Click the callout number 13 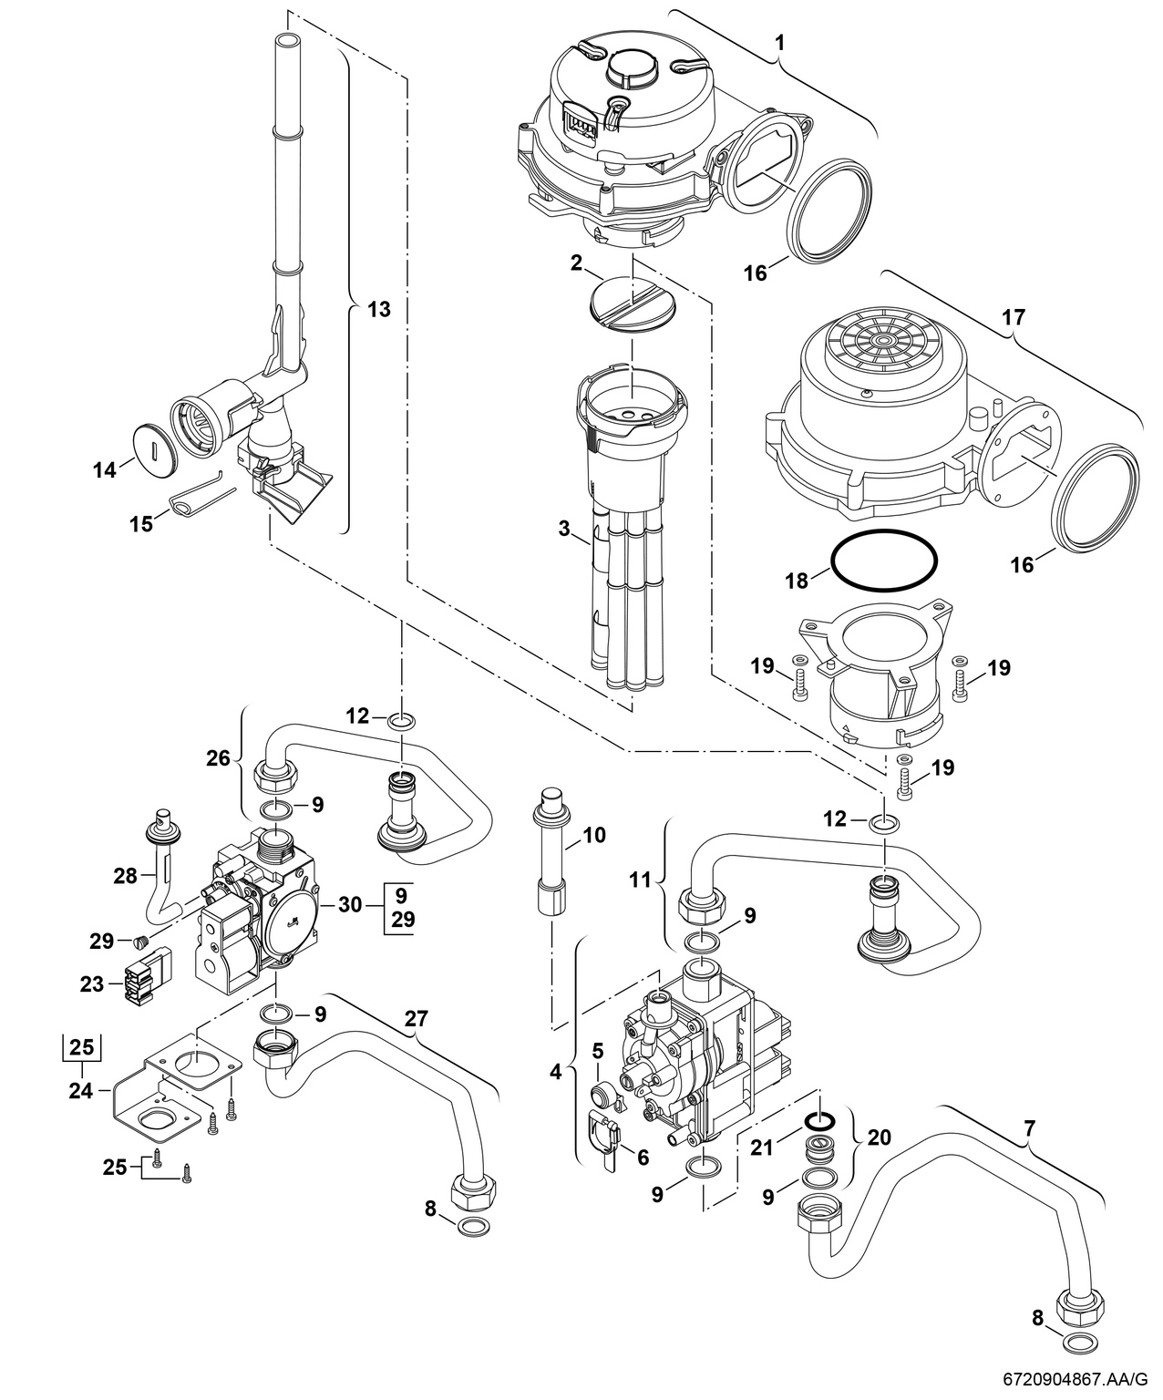378,309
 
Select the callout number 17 1013,318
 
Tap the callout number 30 350,905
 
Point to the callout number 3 564,528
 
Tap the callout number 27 416,1019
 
